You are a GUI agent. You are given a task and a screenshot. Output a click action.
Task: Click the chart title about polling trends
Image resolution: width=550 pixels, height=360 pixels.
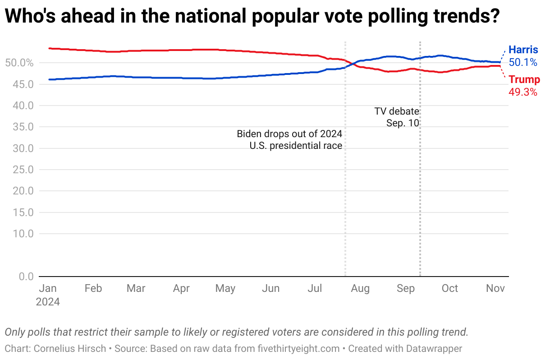pyautogui.click(x=252, y=17)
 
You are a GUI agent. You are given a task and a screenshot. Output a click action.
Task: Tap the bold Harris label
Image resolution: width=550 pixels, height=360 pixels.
pyautogui.click(x=523, y=50)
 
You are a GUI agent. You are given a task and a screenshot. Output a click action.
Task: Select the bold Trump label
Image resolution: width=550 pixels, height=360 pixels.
pyautogui.click(x=524, y=80)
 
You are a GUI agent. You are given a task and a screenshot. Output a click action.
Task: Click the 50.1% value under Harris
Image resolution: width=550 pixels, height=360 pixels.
pyautogui.click(x=523, y=62)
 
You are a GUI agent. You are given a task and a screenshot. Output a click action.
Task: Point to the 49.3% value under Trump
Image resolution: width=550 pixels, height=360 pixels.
pyautogui.click(x=523, y=92)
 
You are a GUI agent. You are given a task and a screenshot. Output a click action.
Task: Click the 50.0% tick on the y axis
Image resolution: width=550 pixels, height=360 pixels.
pyautogui.click(x=19, y=63)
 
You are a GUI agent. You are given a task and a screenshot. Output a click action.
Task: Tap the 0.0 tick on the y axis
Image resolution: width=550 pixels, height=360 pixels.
pyautogui.click(x=26, y=276)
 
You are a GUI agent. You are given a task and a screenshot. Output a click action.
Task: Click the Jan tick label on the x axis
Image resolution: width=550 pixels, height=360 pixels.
pyautogui.click(x=48, y=289)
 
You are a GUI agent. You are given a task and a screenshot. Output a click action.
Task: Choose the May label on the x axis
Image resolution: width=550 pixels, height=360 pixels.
pyautogui.click(x=225, y=289)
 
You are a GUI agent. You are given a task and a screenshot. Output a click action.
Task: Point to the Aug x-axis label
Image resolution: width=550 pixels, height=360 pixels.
pyautogui.click(x=360, y=289)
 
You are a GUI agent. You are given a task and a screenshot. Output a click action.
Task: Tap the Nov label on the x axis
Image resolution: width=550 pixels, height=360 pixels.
pyautogui.click(x=495, y=289)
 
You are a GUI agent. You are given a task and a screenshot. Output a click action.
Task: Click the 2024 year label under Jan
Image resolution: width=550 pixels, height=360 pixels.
pyautogui.click(x=48, y=301)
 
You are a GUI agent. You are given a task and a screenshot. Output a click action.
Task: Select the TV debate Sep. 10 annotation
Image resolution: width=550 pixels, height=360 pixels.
pyautogui.click(x=397, y=117)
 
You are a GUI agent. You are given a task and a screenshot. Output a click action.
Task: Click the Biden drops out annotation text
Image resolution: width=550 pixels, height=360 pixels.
pyautogui.click(x=289, y=140)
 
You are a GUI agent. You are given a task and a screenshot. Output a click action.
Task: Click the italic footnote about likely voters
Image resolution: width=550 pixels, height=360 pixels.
pyautogui.click(x=236, y=332)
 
